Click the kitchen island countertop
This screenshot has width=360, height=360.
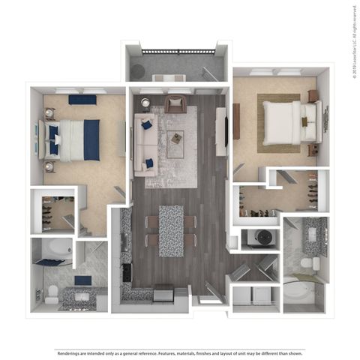click(171, 229)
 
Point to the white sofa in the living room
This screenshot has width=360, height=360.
click(145, 145)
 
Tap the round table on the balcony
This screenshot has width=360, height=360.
click(139, 70)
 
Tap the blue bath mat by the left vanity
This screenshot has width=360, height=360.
click(82, 280)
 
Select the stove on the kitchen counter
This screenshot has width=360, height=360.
click(125, 271)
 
